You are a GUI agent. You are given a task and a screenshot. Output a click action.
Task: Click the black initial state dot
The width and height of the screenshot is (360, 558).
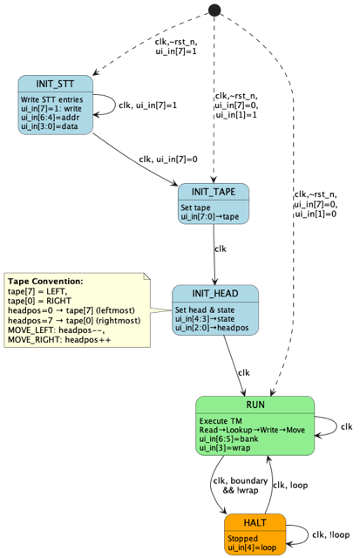(x=214, y=10)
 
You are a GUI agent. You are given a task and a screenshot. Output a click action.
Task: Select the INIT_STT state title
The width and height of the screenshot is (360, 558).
(x=55, y=84)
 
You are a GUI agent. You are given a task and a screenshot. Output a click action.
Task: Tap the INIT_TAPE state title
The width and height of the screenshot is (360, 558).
(x=214, y=192)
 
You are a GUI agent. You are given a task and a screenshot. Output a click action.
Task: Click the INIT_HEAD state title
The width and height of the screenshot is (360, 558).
(x=214, y=294)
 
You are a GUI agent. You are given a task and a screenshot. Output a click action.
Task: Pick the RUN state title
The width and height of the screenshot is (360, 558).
(x=255, y=405)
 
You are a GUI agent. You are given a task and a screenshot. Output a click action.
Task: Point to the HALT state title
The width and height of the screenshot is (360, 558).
(x=255, y=521)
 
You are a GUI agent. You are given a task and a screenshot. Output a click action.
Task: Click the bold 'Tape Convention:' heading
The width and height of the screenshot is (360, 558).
(x=45, y=282)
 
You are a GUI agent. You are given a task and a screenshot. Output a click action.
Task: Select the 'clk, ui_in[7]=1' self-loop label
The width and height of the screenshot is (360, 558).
(x=147, y=105)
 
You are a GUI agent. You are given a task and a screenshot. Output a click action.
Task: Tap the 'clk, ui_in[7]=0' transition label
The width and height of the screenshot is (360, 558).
(x=167, y=159)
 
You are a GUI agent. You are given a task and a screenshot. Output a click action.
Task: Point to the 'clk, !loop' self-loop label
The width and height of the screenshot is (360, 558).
(x=331, y=535)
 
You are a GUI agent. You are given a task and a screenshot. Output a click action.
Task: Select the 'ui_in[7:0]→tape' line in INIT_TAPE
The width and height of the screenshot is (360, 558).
(x=210, y=217)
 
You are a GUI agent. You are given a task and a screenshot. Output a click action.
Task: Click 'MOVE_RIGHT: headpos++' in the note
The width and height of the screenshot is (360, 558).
(x=59, y=339)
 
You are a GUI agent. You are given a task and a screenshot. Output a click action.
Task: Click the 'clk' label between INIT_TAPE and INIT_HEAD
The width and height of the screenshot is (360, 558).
(x=221, y=248)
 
